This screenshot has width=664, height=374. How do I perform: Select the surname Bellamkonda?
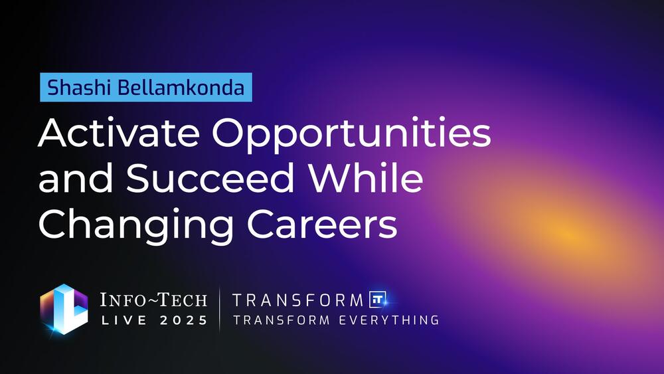[x=181, y=87]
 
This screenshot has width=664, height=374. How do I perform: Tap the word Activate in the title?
[x=119, y=133]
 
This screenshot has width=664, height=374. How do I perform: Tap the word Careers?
[x=322, y=223]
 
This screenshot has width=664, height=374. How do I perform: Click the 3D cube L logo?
[x=64, y=309]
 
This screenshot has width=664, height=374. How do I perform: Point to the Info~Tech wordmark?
[x=153, y=300]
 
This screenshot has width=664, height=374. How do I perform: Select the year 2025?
[x=184, y=320]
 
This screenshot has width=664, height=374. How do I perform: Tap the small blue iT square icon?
[x=377, y=299]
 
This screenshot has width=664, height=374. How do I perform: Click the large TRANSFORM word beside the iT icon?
[x=297, y=300]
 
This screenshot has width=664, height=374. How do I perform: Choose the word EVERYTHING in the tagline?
[x=388, y=320]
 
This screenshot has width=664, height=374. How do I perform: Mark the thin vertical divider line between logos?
[x=220, y=309]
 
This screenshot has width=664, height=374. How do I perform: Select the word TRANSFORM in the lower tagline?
[x=282, y=320]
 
